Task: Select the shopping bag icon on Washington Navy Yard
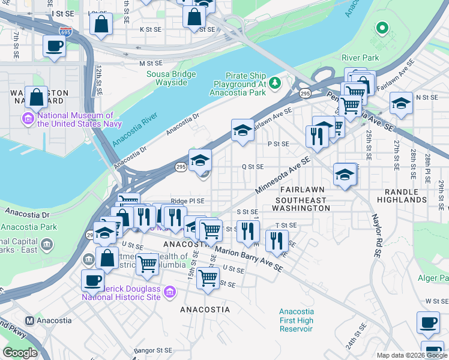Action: click(37, 97)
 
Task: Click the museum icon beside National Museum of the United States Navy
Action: click(28, 117)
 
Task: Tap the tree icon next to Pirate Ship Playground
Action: click(274, 82)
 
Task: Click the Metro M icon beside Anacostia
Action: click(28, 321)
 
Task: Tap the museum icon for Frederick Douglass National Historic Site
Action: click(170, 292)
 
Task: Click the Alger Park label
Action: click(433, 278)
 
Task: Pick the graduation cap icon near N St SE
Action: click(401, 104)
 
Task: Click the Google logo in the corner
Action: click(20, 353)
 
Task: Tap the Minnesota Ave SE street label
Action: click(282, 175)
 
